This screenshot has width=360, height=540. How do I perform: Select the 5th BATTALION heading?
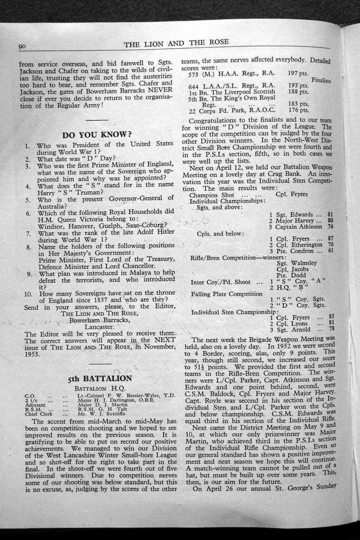[x=100, y=379]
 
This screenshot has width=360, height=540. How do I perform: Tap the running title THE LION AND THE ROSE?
[x=176, y=42]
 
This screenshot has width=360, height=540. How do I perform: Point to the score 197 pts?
[x=298, y=73]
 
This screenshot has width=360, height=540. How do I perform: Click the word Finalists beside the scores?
[x=321, y=80]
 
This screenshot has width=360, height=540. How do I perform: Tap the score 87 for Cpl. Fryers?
[x=330, y=238]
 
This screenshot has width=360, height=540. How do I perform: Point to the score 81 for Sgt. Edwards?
[x=330, y=214]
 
